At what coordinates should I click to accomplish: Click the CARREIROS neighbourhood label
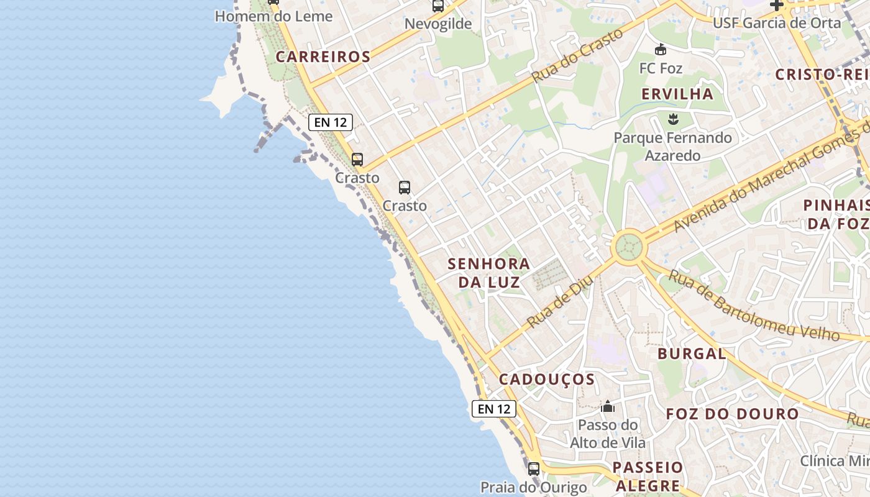tap(323, 57)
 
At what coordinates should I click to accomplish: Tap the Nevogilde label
tap(438, 24)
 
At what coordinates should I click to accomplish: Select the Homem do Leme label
tap(273, 16)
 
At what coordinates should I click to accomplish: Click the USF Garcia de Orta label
tap(776, 23)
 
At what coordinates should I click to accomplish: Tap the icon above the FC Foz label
tap(661, 49)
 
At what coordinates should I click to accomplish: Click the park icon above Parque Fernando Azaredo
tap(672, 119)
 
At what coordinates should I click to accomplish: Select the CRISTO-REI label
tap(820, 75)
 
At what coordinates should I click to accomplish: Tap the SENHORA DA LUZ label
tap(489, 273)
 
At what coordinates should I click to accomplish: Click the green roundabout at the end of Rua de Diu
tap(629, 247)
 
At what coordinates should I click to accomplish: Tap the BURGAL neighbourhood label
tap(692, 354)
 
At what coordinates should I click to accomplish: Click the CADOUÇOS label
tap(547, 379)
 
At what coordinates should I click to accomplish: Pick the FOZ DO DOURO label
tap(732, 414)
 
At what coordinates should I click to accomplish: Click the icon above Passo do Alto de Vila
tap(608, 407)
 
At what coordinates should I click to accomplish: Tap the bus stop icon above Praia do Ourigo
tap(534, 468)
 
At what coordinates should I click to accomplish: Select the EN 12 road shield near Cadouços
tap(494, 409)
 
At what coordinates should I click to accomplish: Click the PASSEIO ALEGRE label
tap(648, 476)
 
